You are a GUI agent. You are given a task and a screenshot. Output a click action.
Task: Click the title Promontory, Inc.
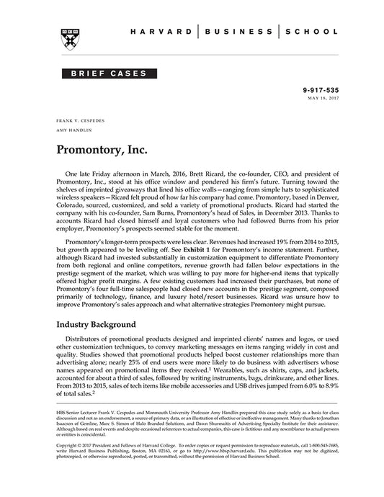[101, 152]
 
